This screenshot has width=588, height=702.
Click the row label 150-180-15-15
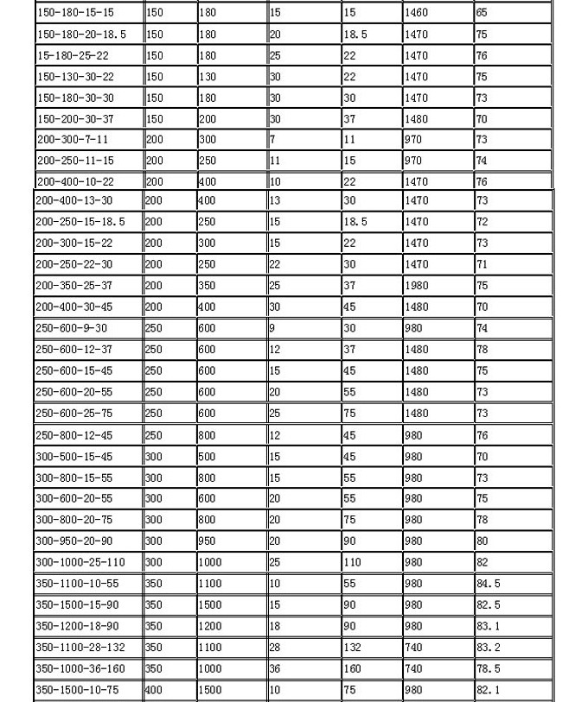[x=75, y=13]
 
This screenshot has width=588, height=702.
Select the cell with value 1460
[x=417, y=13]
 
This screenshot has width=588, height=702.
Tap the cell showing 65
[x=483, y=13]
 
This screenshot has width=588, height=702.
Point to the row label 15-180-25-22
[x=73, y=55]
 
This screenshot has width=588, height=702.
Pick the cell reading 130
[x=208, y=77]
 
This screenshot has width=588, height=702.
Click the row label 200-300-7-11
[x=73, y=140]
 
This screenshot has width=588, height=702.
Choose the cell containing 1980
[x=417, y=286]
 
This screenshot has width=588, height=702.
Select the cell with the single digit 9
[x=272, y=328]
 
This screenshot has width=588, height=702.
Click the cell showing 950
[x=208, y=541]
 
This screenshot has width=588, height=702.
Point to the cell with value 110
[x=353, y=562]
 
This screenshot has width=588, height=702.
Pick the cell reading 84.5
[x=489, y=584]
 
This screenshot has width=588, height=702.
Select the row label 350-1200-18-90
[x=77, y=626]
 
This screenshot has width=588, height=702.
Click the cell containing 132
[x=353, y=648]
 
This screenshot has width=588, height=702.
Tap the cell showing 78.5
[x=489, y=668]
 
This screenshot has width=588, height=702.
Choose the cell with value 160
[x=353, y=668]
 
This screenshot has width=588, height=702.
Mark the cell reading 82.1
[x=489, y=690]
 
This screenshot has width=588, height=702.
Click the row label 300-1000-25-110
[x=80, y=562]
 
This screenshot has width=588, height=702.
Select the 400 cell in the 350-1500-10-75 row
[x=154, y=690]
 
